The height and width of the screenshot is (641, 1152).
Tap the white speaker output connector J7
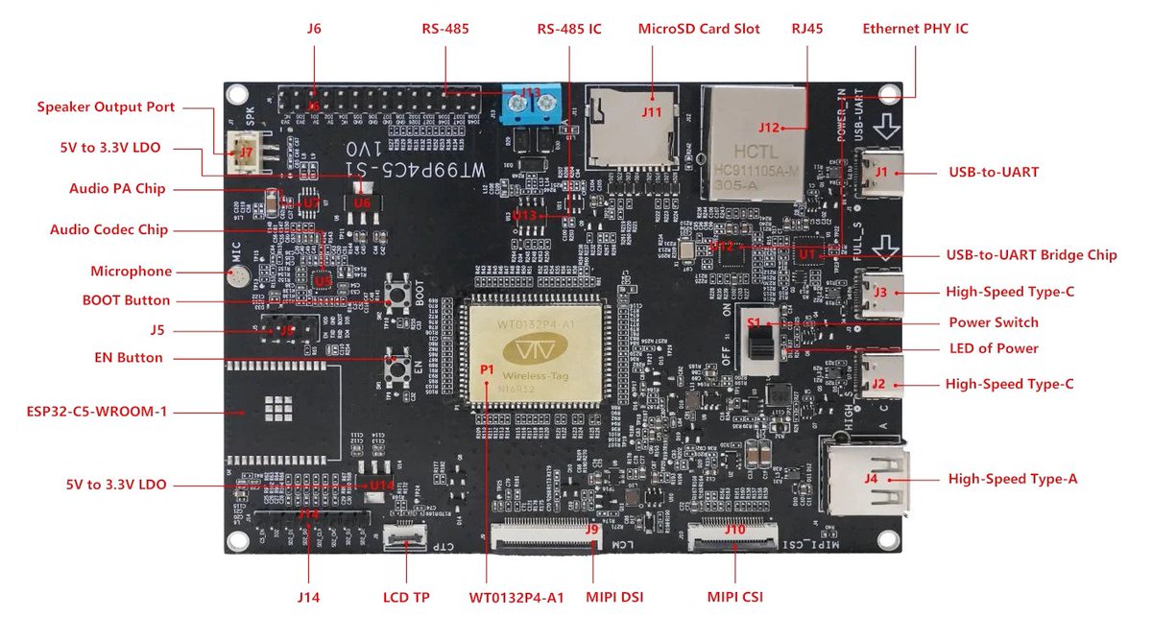(247, 151)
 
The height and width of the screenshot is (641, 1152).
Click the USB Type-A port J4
(864, 478)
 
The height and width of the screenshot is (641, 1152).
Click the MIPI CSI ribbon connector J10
(734, 535)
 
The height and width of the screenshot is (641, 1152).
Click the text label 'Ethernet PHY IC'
(915, 29)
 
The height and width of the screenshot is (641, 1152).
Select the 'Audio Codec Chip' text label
(108, 230)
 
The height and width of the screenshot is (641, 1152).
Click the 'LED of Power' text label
(993, 348)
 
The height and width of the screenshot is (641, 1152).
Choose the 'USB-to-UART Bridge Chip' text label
(1031, 255)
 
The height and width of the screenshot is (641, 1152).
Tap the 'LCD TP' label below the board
(406, 597)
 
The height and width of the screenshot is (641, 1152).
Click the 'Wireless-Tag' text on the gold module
(537, 374)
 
